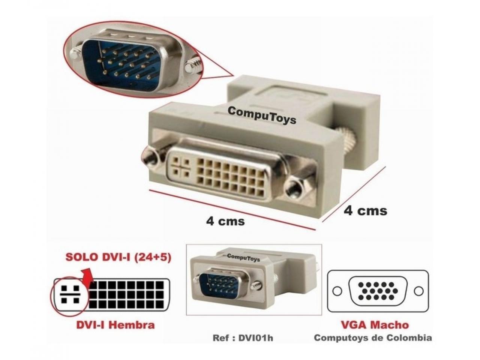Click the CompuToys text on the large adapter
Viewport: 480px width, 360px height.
262,115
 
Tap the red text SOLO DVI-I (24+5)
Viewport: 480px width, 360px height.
118,258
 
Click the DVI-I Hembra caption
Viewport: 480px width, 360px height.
115,325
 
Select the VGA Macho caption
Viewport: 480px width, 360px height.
375,325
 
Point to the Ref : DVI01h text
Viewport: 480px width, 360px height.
243,338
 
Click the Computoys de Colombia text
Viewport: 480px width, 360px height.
373,338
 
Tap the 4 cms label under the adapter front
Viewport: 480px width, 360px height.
225,221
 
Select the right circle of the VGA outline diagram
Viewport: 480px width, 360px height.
419,291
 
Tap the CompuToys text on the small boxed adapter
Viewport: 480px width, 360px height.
243,258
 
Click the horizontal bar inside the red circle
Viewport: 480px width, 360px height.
70,294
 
